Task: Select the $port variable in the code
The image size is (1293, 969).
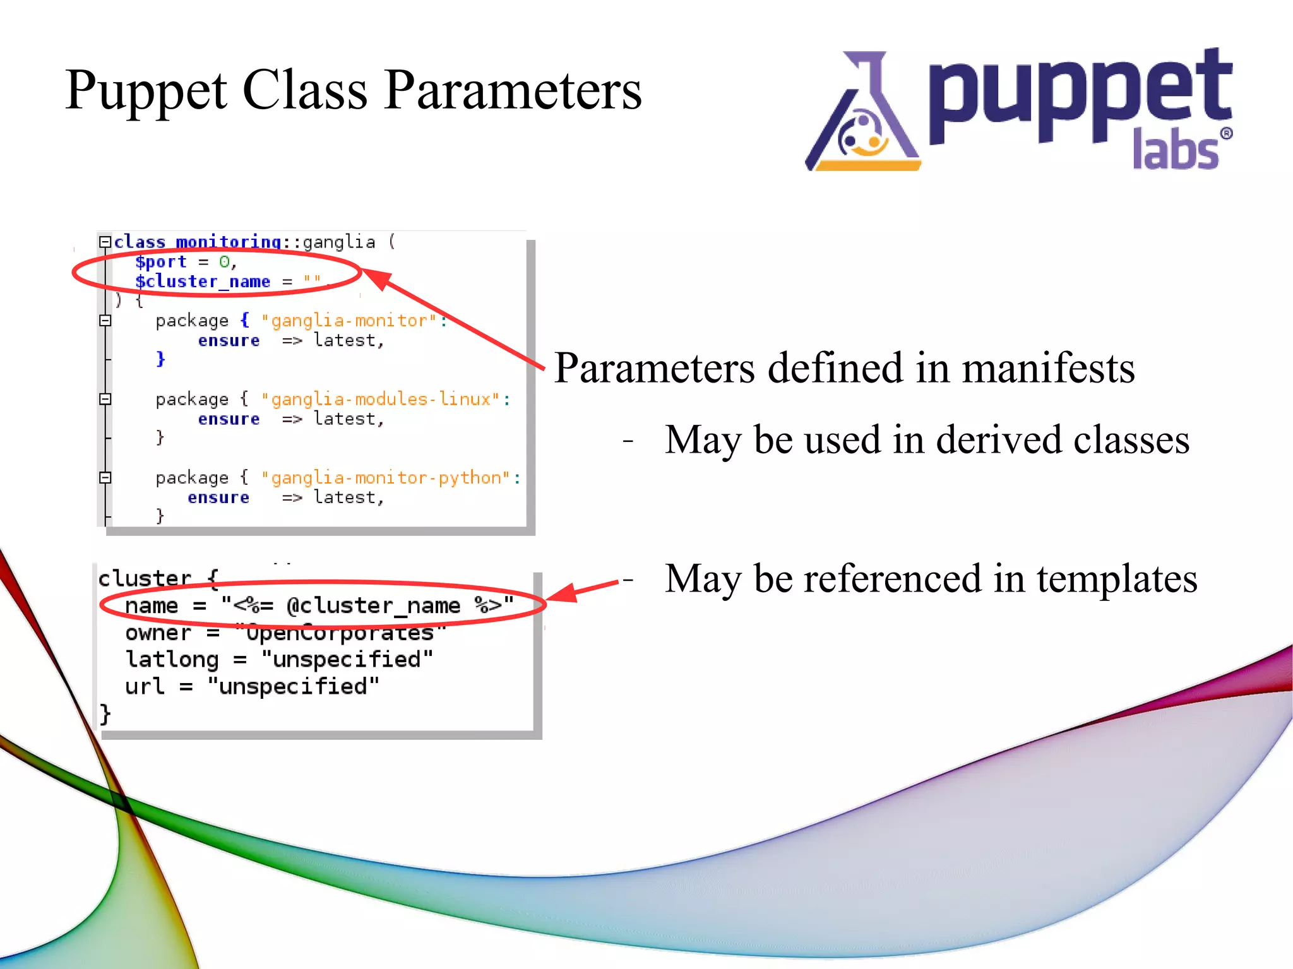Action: coord(161,262)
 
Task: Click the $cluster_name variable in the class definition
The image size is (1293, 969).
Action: coord(203,282)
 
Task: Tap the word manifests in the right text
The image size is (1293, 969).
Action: coord(1047,368)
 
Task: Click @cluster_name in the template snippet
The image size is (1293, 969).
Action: coord(373,606)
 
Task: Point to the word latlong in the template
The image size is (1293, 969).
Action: coord(172,660)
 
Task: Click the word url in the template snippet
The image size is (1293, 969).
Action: coord(145,686)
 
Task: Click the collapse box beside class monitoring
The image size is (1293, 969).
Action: coord(105,242)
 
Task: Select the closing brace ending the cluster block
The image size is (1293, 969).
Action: coord(105,714)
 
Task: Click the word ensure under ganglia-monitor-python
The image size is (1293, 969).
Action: coord(218,498)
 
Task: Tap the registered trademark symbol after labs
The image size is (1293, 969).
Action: coord(1225,133)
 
